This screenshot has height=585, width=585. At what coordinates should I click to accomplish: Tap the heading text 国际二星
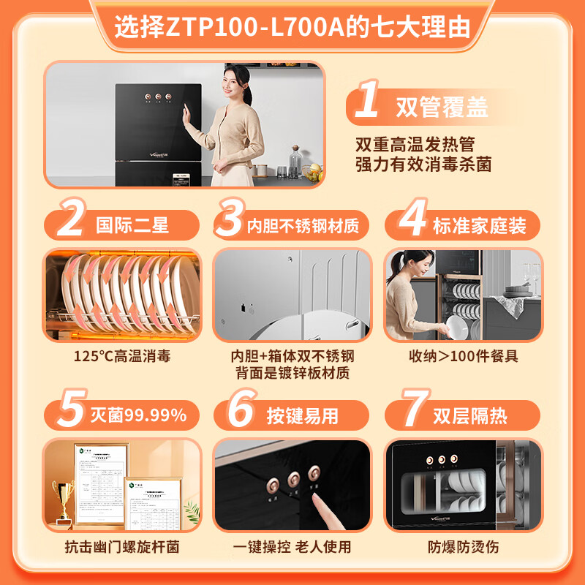coord(132,224)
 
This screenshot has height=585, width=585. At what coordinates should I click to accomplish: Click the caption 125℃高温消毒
coord(121,358)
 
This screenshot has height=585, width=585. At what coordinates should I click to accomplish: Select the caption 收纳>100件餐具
coord(463,358)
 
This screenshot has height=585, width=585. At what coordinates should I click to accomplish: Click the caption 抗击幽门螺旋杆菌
coord(121,546)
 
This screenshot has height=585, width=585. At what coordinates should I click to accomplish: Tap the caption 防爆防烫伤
coord(463,546)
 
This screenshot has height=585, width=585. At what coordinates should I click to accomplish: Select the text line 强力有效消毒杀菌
coord(423,165)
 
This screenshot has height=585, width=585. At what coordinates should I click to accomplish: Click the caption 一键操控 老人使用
coord(292,546)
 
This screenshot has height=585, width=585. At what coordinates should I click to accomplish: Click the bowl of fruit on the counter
coord(312,173)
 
